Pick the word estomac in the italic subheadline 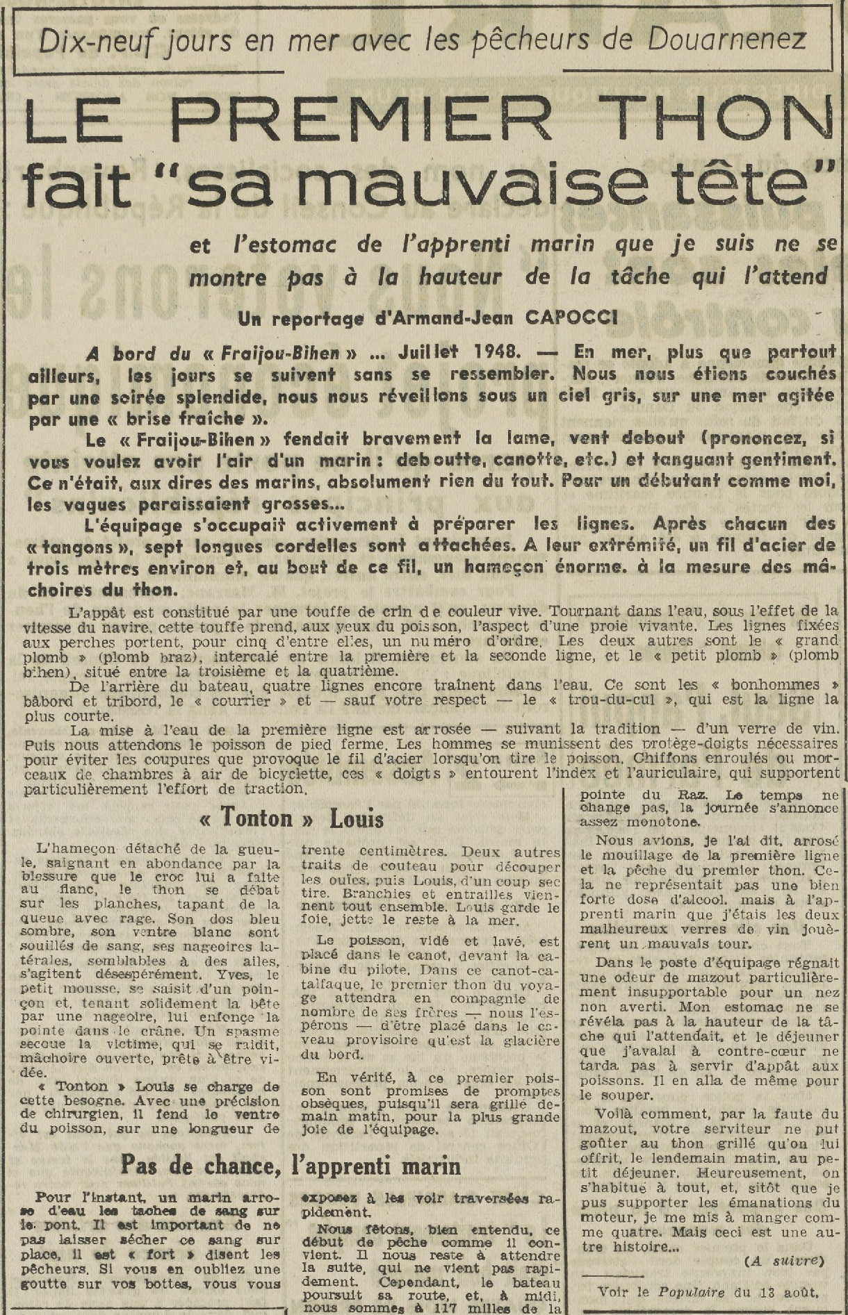pyautogui.click(x=288, y=245)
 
